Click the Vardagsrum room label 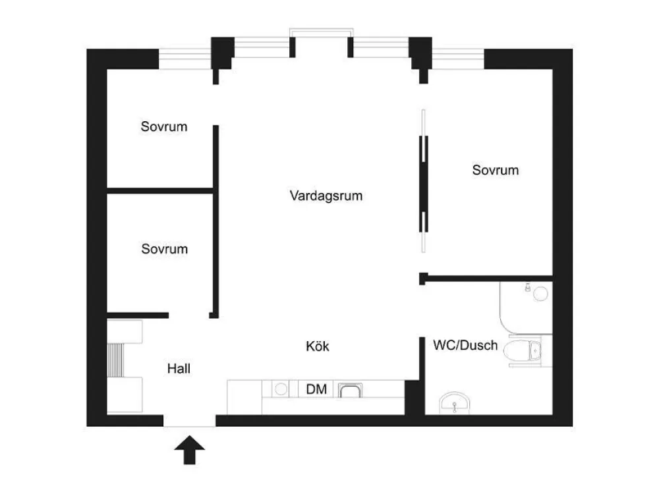[326, 196]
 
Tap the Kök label [318, 346]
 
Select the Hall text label [179, 369]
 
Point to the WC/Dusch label [465, 345]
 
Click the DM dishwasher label [316, 389]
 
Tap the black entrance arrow [190, 449]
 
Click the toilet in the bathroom [523, 351]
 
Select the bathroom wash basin [454, 403]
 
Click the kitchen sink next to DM [350, 390]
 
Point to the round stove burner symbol [281, 389]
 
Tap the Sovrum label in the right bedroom [495, 170]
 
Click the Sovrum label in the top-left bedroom [164, 126]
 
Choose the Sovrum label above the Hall [164, 249]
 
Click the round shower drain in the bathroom [540, 294]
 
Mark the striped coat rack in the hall [115, 360]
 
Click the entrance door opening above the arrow [190, 421]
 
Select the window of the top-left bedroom [185, 59]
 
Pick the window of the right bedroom [458, 59]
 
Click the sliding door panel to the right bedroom [424, 181]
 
